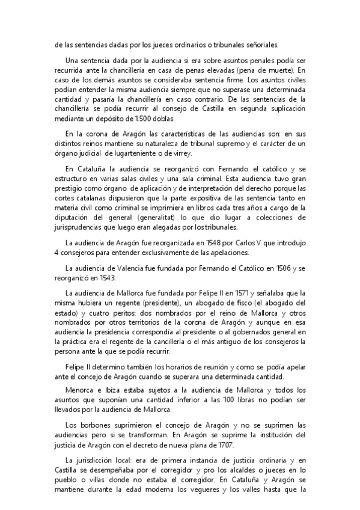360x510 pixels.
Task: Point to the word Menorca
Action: (81, 390)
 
